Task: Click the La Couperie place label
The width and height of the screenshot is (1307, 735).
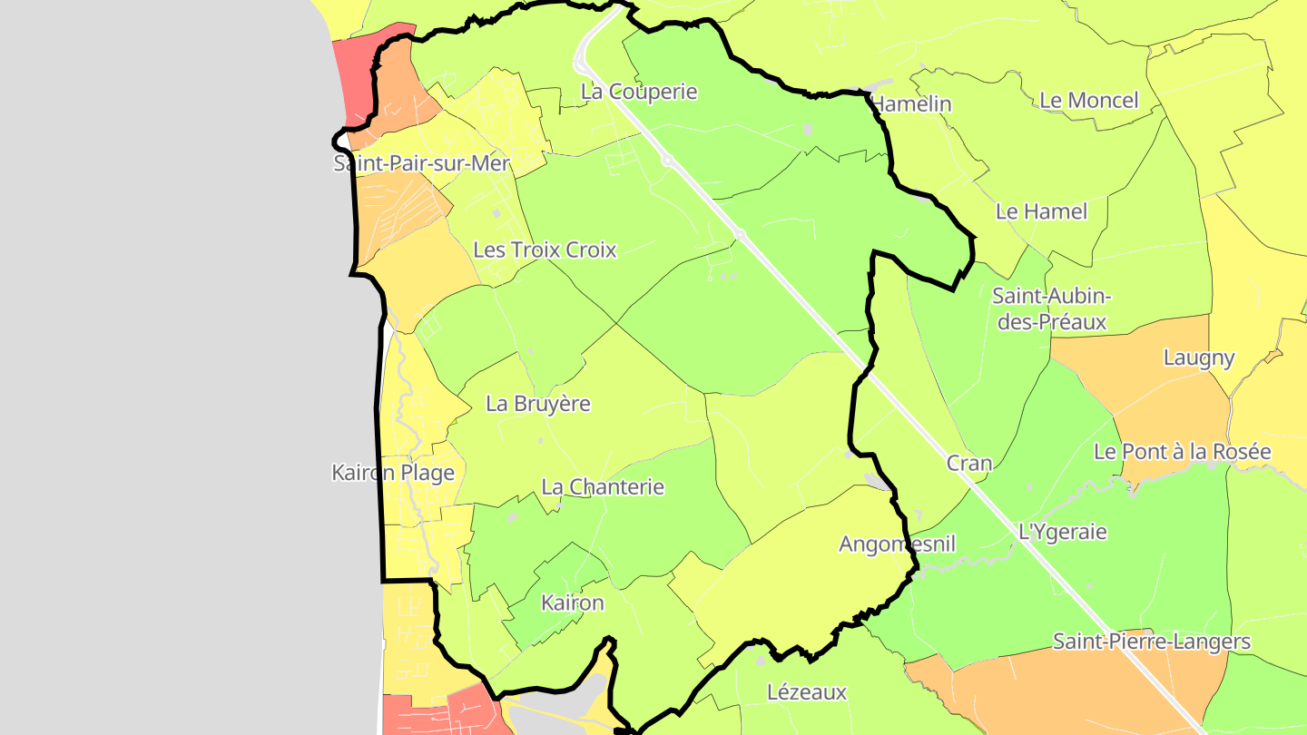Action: [639, 92]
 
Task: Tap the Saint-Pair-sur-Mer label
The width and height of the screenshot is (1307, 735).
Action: [422, 164]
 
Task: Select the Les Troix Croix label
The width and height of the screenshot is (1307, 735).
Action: [545, 250]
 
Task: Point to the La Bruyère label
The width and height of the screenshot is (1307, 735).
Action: [538, 404]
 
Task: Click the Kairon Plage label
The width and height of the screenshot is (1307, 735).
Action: [393, 473]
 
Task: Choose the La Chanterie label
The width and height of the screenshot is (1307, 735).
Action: [603, 487]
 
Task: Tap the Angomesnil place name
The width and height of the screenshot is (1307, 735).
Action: [898, 544]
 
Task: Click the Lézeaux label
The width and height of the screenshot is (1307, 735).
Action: [807, 692]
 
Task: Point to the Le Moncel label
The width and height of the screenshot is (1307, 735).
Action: [1088, 100]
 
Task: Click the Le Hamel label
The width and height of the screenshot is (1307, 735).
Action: [1041, 211]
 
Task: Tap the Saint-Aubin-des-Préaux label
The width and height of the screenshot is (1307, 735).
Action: [1051, 309]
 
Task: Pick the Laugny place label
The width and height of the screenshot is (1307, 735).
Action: [1199, 358]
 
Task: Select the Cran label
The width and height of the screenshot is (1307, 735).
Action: [969, 463]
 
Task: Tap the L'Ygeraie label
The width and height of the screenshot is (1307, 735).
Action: [1063, 532]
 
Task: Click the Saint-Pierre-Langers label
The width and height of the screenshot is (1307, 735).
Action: [1151, 642]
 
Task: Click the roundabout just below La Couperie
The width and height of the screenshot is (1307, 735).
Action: [666, 161]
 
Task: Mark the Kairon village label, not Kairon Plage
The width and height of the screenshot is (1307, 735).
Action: [572, 603]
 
